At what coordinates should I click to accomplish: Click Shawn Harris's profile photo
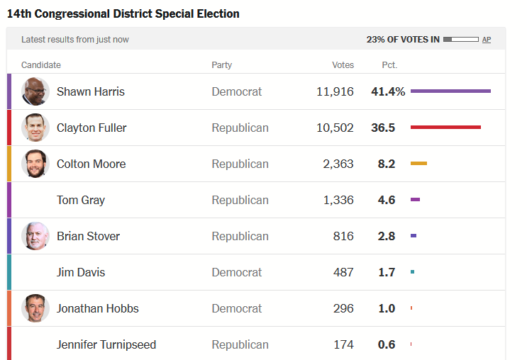coord(35,91)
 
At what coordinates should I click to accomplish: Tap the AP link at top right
coord(487,40)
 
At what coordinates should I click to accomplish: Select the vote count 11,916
coord(335,91)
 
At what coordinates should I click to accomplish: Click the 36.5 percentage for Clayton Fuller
coord(386,128)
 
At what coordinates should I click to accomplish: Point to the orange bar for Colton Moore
coord(418,164)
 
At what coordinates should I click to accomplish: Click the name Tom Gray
coord(81,200)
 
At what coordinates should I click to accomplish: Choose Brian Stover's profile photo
coord(35,236)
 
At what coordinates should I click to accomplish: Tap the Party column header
coord(221,65)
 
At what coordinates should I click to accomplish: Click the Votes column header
coord(343,65)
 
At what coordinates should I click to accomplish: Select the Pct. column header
coord(389,65)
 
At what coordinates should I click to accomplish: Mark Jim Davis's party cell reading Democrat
coord(237,272)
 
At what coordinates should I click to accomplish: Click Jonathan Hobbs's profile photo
coord(35,308)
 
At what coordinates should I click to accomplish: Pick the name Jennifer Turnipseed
coord(106,344)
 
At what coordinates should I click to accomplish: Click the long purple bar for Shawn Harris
coord(450,91)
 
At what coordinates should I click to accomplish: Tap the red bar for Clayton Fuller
coord(445,127)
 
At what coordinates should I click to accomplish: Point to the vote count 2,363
coord(338,164)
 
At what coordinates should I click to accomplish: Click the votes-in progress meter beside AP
coord(460,40)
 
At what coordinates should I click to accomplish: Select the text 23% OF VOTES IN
coord(402,40)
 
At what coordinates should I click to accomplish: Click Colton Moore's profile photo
coord(35,164)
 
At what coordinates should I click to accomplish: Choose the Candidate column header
coord(41,65)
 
